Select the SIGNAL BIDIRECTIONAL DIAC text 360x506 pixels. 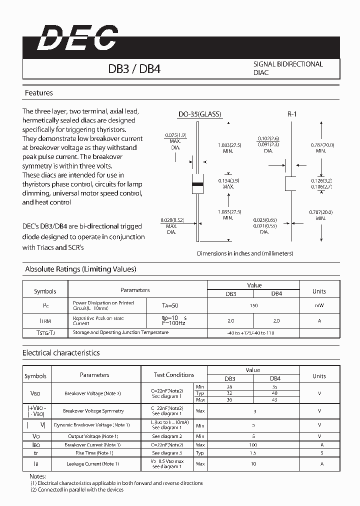(x=288, y=68)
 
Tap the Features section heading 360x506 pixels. (x=38, y=93)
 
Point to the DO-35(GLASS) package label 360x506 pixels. (x=199, y=114)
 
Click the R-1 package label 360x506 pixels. (x=292, y=114)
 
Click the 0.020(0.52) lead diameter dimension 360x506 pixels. (x=172, y=226)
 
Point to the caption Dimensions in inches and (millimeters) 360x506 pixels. (x=245, y=253)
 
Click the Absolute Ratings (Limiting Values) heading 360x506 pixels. (x=80, y=269)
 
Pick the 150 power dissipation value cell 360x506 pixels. (x=253, y=305)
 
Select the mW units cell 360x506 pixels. (x=319, y=305)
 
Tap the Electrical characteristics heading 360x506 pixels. (x=61, y=353)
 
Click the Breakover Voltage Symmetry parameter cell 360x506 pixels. (x=93, y=411)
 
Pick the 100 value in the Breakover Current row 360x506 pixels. (x=253, y=444)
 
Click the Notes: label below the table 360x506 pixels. (x=38, y=476)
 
